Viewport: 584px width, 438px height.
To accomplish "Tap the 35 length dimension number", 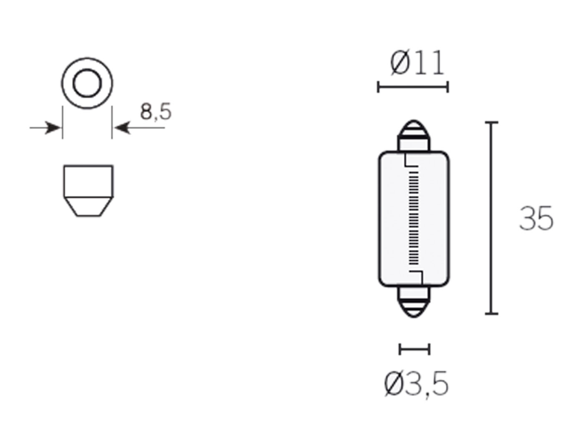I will tap(536, 218).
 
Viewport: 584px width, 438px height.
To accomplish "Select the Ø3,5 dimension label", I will tap(416, 384).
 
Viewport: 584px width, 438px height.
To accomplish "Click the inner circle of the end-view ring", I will tap(87, 83).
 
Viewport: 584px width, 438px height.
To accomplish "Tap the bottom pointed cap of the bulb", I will tap(413, 307).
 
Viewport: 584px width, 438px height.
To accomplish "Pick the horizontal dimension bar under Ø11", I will tap(413, 87).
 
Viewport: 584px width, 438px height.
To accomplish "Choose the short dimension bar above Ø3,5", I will tap(414, 349).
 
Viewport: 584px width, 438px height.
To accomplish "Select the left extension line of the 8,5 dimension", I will tap(62, 122).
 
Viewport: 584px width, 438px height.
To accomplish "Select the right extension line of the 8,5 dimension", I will tap(112, 122).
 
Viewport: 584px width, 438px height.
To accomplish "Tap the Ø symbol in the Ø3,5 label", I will tap(393, 384).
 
